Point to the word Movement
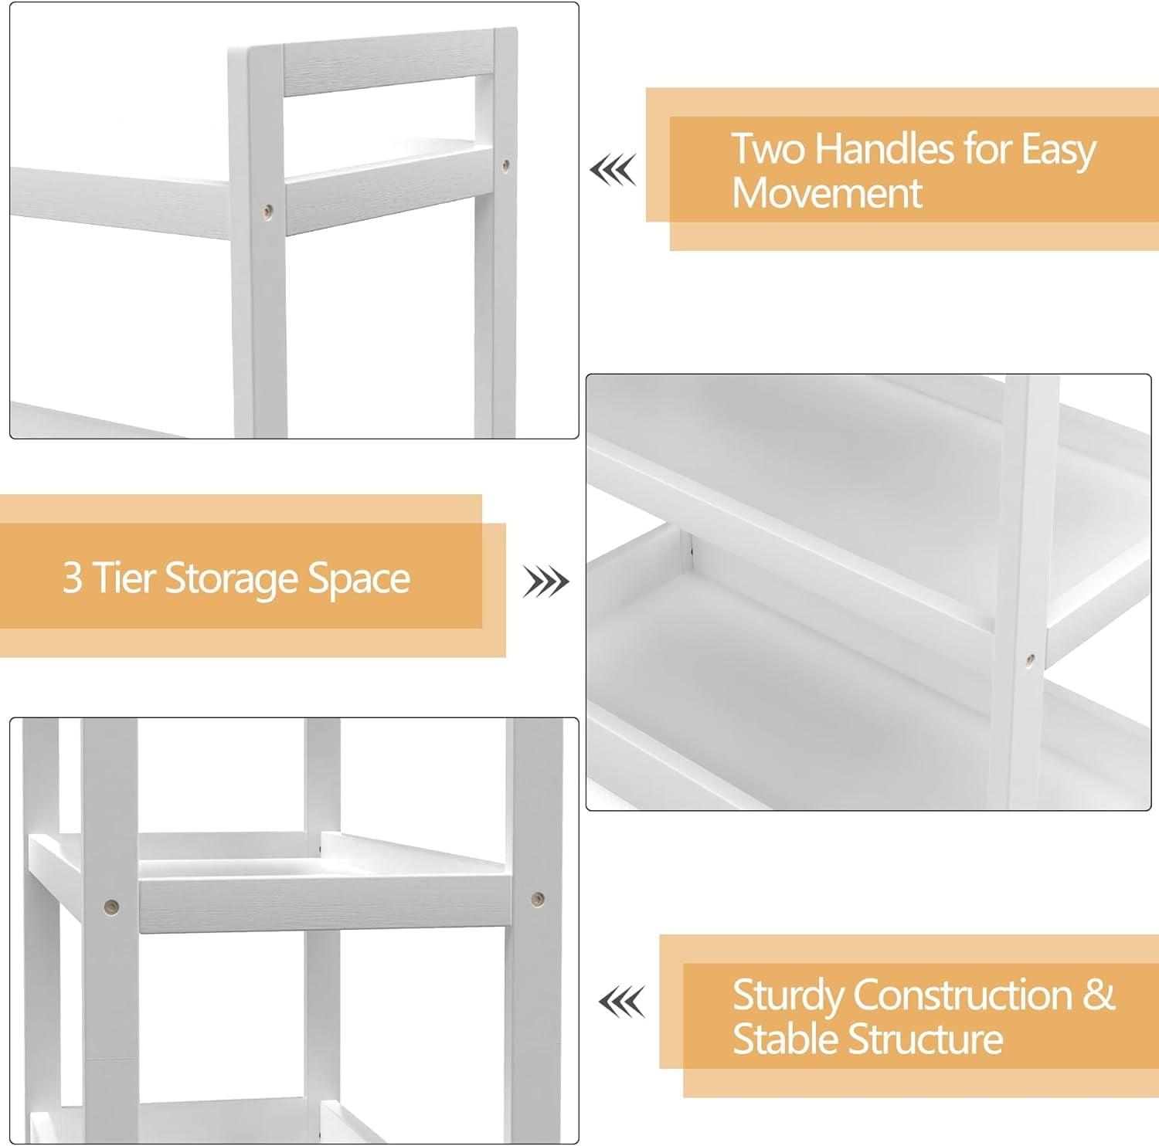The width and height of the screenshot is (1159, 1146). pos(827,192)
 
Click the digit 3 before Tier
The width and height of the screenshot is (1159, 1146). pos(72,578)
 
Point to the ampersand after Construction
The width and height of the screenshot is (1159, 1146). pos(1099,995)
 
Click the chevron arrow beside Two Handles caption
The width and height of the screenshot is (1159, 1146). pos(613,170)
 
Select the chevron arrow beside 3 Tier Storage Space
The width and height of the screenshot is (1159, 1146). pos(546,581)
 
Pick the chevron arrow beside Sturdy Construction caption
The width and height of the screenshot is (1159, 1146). pos(621,1002)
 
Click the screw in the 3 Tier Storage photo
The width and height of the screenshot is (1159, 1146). pos(1029,659)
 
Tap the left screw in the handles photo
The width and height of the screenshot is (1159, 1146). pos(267,209)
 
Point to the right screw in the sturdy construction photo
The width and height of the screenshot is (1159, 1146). pos(537,898)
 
